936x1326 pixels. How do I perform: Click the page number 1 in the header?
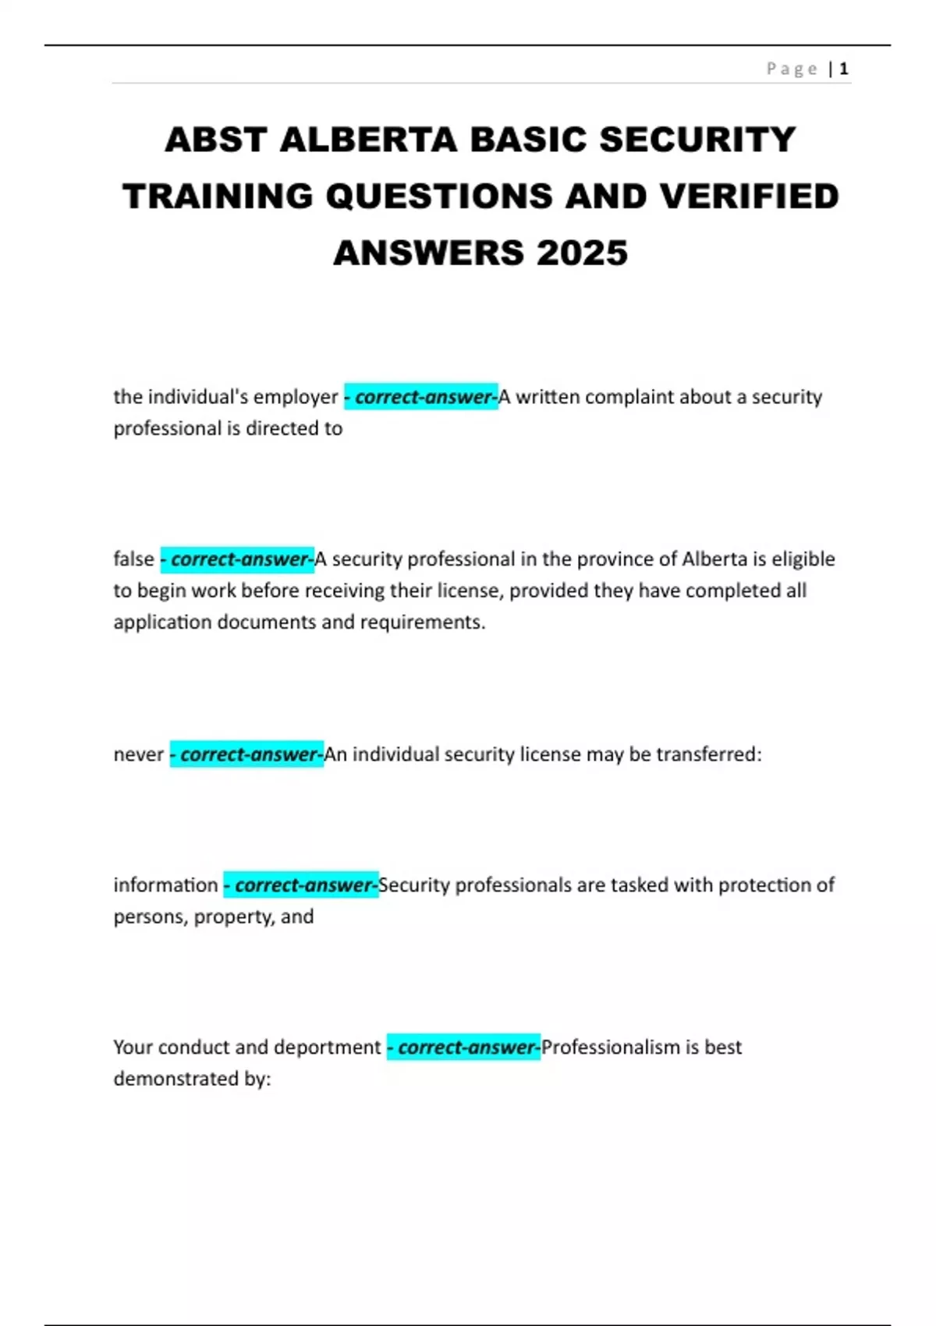click(x=843, y=69)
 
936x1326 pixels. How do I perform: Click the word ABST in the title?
click(x=215, y=140)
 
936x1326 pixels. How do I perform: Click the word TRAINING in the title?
click(x=218, y=197)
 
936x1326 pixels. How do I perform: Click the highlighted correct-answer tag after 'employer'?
click(x=421, y=397)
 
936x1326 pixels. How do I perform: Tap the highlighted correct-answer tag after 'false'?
click(x=237, y=559)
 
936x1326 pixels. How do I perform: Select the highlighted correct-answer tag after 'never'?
click(x=246, y=754)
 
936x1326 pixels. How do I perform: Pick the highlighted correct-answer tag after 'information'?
click(x=301, y=885)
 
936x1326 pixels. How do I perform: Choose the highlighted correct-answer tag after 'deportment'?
click(x=464, y=1047)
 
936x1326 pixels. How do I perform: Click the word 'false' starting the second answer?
click(x=133, y=559)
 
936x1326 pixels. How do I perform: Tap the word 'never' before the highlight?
click(x=138, y=754)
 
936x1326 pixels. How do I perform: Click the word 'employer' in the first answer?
click(x=296, y=397)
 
